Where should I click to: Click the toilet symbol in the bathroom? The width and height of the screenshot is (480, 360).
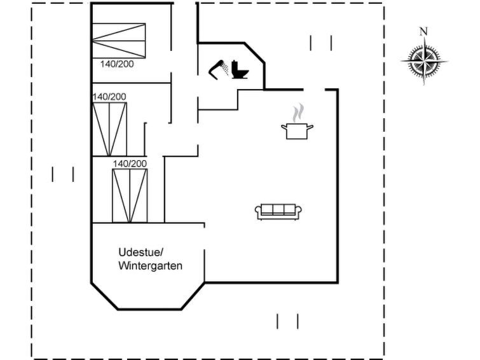pos(240,69)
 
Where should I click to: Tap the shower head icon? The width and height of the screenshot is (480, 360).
pos(219,69)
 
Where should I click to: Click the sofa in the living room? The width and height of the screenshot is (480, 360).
pos(278,212)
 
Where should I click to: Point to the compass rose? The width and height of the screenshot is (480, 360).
pos(424,61)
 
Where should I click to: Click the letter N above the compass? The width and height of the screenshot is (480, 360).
pos(423,32)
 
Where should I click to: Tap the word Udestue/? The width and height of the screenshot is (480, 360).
pos(141,253)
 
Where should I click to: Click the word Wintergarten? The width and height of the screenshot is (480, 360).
pos(150,266)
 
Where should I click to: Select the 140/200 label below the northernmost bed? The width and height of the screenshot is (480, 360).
pos(117,64)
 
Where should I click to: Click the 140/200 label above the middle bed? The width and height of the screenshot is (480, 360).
pos(109,97)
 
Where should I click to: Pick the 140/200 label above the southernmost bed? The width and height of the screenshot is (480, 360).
pos(130,163)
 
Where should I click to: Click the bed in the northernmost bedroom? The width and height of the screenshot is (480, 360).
pos(119,41)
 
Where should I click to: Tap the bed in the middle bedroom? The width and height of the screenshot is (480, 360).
pos(109,129)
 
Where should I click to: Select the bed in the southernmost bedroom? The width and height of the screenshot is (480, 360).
pos(130,196)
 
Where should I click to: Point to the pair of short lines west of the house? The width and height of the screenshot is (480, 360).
pos(63,174)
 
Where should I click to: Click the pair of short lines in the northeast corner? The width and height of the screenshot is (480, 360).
pos(321,43)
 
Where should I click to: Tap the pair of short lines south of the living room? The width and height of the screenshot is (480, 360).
pos(287,321)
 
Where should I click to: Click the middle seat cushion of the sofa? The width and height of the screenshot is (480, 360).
pos(278,209)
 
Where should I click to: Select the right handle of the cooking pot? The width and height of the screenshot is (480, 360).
pos(310,126)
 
